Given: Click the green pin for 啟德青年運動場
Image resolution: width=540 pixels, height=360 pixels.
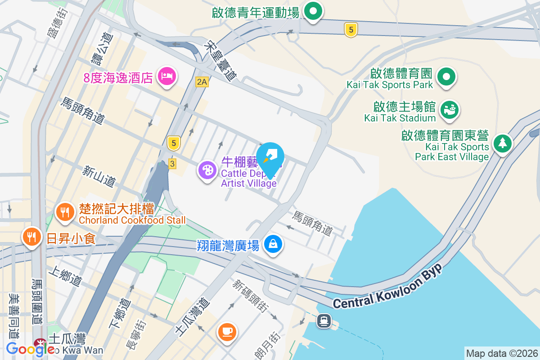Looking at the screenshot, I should (x=313, y=12).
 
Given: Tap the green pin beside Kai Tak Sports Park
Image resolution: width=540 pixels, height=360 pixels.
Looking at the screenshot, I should (x=446, y=77).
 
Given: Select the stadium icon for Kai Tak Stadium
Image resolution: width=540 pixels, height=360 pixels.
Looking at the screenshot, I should (x=449, y=110).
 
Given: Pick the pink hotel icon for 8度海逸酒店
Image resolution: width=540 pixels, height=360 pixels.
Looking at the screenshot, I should (x=166, y=76).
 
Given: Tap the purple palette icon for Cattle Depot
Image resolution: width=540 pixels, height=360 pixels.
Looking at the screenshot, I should (x=207, y=171).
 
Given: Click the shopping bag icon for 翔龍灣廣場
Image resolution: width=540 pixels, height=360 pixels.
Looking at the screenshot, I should (x=273, y=244).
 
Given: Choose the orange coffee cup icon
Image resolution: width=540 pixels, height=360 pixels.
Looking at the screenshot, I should (x=227, y=332).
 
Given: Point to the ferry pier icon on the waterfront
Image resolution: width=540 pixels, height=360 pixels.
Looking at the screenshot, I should (x=324, y=321).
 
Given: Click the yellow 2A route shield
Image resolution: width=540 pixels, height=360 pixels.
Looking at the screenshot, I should (x=202, y=81).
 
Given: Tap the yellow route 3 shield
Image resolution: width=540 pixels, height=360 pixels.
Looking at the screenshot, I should (x=172, y=164).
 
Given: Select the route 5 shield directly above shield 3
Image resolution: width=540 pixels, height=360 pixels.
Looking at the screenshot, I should (x=173, y=143).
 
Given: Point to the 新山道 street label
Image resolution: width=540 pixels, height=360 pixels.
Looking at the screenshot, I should (x=99, y=176).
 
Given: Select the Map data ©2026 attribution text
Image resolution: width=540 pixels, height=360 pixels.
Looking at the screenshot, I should (x=501, y=353).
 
